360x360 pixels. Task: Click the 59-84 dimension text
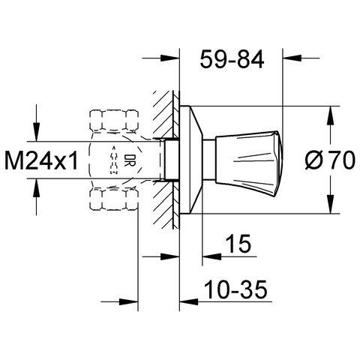tap(232, 59)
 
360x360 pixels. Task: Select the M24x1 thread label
tap(42, 161)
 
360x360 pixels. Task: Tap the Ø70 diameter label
tap(330, 160)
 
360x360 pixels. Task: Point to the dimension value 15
tap(238, 243)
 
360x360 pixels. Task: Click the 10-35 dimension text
tap(235, 289)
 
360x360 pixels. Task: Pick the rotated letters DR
tap(130, 160)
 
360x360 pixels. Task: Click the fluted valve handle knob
tap(249, 163)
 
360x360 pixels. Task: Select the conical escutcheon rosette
tap(190, 160)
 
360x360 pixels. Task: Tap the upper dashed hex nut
tap(114, 121)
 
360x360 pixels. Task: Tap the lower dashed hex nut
tap(114, 199)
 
